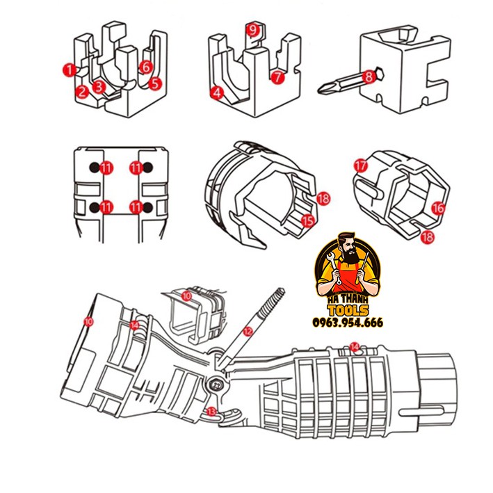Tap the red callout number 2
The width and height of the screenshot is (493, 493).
[82, 90]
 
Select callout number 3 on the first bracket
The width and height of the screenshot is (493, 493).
[99, 86]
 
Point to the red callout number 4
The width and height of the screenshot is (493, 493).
[217, 91]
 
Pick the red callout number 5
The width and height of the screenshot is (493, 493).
[155, 83]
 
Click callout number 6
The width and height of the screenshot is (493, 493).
[145, 67]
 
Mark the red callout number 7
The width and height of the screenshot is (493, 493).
[277, 78]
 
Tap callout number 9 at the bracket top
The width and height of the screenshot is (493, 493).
[252, 29]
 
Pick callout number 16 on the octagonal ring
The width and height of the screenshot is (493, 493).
[438, 207]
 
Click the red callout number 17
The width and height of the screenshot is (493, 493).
[359, 165]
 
